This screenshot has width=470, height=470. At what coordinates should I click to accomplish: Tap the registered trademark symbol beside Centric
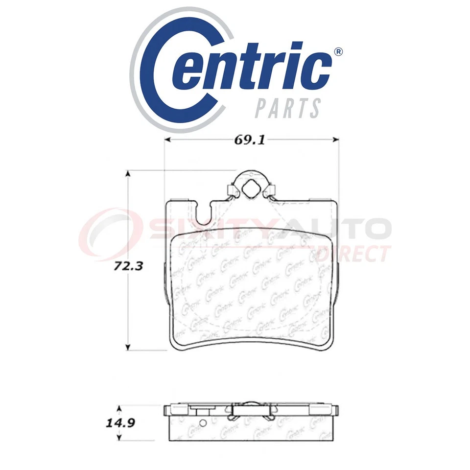pyautogui.click(x=338, y=52)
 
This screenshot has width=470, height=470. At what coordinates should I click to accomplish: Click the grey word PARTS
pyautogui.click(x=288, y=107)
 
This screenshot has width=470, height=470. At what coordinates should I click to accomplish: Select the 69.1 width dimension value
pyautogui.click(x=250, y=140)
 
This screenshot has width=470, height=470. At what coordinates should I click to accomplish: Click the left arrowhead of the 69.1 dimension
pyautogui.click(x=167, y=140)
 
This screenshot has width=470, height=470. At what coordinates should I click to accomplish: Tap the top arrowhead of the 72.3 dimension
pyautogui.click(x=129, y=174)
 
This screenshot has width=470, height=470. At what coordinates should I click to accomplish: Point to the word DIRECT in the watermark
pyautogui.click(x=353, y=254)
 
